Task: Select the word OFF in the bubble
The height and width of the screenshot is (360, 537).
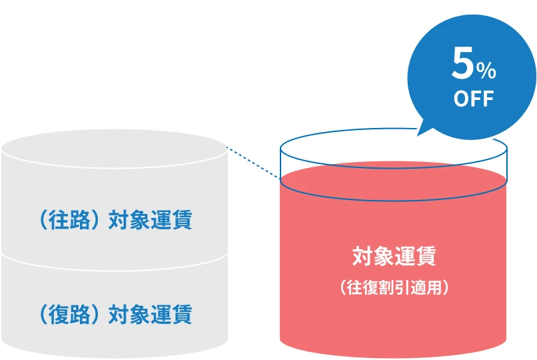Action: tap(474, 99)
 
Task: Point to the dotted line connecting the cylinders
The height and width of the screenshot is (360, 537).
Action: tap(253, 163)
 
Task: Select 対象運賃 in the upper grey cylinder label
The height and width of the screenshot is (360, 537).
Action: tap(150, 220)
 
